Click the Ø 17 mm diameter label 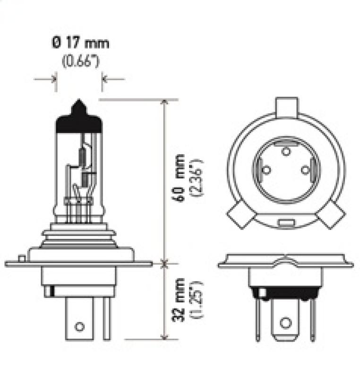coord(80,44)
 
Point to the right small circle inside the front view coord(305,170)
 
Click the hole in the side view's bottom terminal coord(80,326)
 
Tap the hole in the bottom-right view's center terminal coord(284,323)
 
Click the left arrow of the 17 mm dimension coord(53,79)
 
